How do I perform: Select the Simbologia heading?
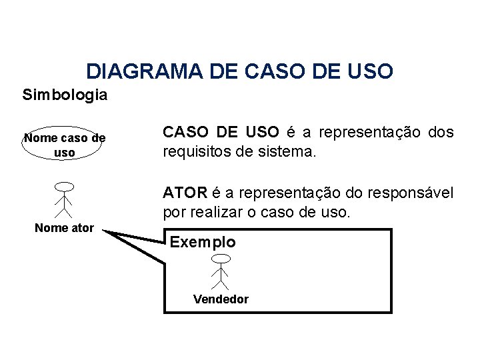pyautogui.click(x=65, y=95)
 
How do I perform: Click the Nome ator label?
pyautogui.click(x=65, y=229)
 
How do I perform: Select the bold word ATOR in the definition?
pyautogui.click(x=185, y=193)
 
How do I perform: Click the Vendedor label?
pyautogui.click(x=221, y=299)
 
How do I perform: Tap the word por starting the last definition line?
pyautogui.click(x=174, y=213)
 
